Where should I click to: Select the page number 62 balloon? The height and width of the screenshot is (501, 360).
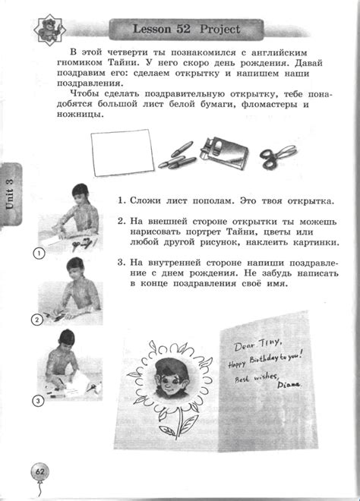[39, 474]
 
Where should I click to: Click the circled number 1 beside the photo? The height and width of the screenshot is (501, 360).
[36, 252]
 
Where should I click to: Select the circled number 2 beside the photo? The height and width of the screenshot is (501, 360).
[36, 320]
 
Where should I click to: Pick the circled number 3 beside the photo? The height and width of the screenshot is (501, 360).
[36, 400]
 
